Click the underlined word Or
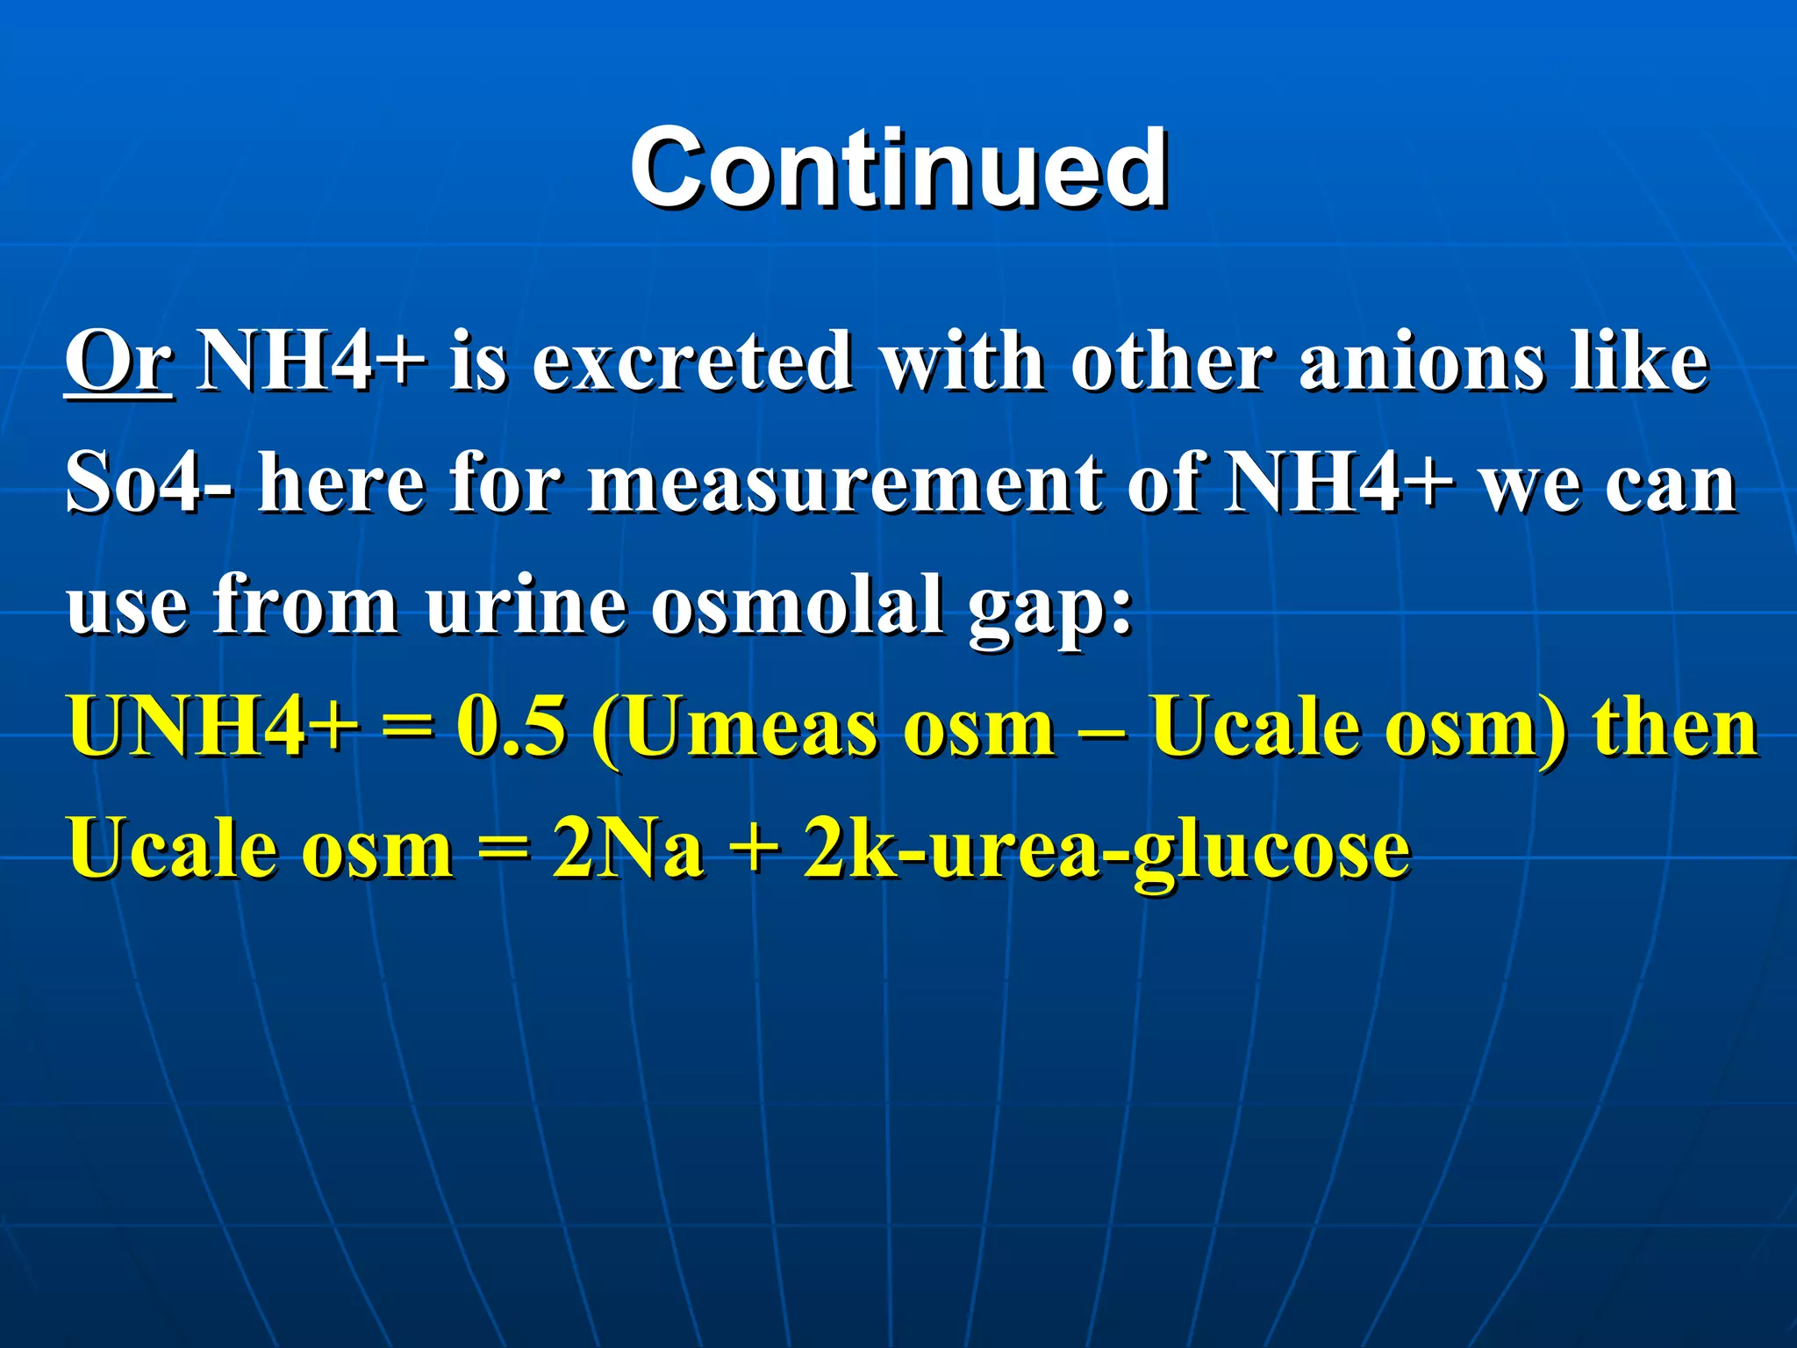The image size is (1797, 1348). [118, 362]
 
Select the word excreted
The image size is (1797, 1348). [692, 362]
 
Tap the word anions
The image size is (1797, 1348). [1421, 362]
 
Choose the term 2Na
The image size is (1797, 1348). [627, 848]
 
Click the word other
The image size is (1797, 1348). [1171, 362]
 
